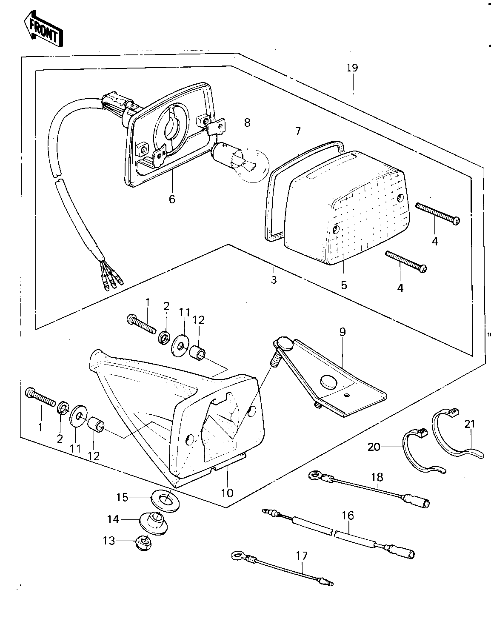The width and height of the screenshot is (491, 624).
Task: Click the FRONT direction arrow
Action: pos(43,29)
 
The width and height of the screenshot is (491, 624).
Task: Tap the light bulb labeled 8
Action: pos(241,162)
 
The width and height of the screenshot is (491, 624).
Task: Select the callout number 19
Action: pos(352,68)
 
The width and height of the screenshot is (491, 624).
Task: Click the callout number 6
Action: pos(172,199)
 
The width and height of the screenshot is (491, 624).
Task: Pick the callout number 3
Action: pos(274,280)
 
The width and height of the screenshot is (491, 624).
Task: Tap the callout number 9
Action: pos(343,332)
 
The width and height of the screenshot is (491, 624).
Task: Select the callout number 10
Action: pos(227,493)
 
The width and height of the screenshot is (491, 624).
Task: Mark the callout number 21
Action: pos(470,424)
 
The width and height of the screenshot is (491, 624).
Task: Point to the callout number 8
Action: pos(247,123)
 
